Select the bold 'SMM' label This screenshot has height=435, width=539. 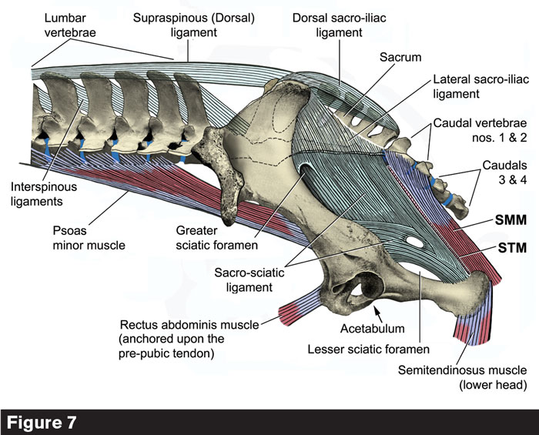coord(509,219)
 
